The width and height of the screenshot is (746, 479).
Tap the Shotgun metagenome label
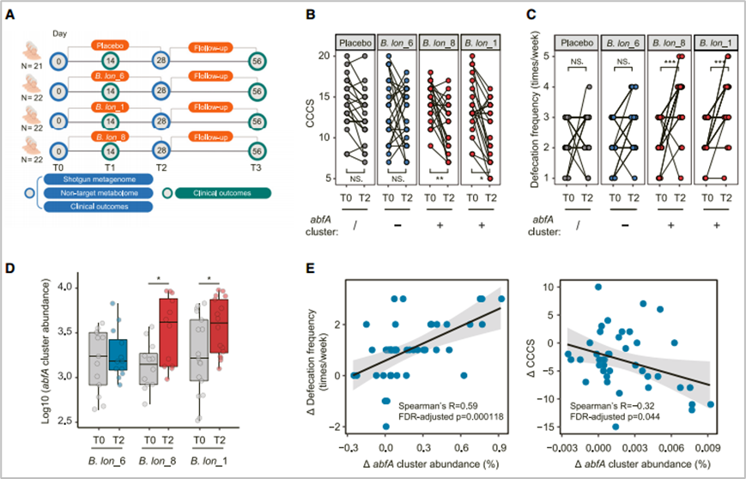click(x=94, y=178)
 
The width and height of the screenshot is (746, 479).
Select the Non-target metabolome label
click(x=94, y=192)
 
